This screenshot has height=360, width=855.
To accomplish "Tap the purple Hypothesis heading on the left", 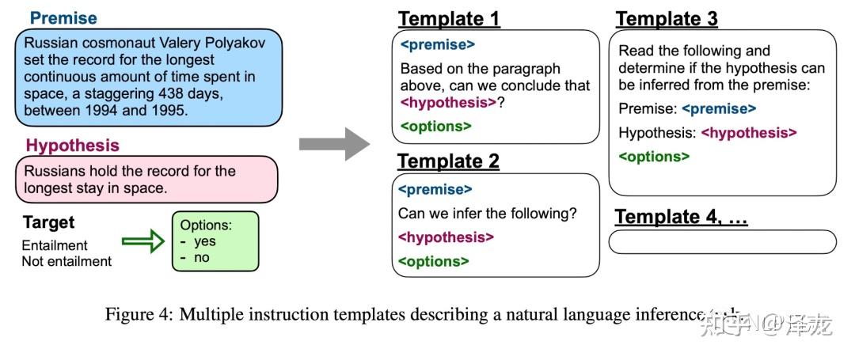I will pos(73,146).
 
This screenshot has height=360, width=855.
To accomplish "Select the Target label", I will pos(48,223).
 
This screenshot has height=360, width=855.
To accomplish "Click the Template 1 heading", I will pos(448,19).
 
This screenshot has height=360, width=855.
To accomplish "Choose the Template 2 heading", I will pos(448,161).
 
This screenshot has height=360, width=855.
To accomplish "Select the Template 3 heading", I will pos(667,19).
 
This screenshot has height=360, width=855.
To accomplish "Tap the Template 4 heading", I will pos(681,217).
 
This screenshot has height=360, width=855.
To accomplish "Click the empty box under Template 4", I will pos(722,242).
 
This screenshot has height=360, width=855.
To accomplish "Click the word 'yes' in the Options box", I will pos(205,242).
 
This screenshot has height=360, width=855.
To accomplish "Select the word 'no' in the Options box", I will pos(201,257).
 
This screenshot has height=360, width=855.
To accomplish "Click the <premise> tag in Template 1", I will pos(438,45).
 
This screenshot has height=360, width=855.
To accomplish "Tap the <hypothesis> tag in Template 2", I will pos(446,237).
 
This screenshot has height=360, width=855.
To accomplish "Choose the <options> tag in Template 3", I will pos(654,157).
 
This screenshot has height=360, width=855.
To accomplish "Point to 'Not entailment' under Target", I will pos(66,261).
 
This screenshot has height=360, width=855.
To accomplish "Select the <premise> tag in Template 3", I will pos(719,108).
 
